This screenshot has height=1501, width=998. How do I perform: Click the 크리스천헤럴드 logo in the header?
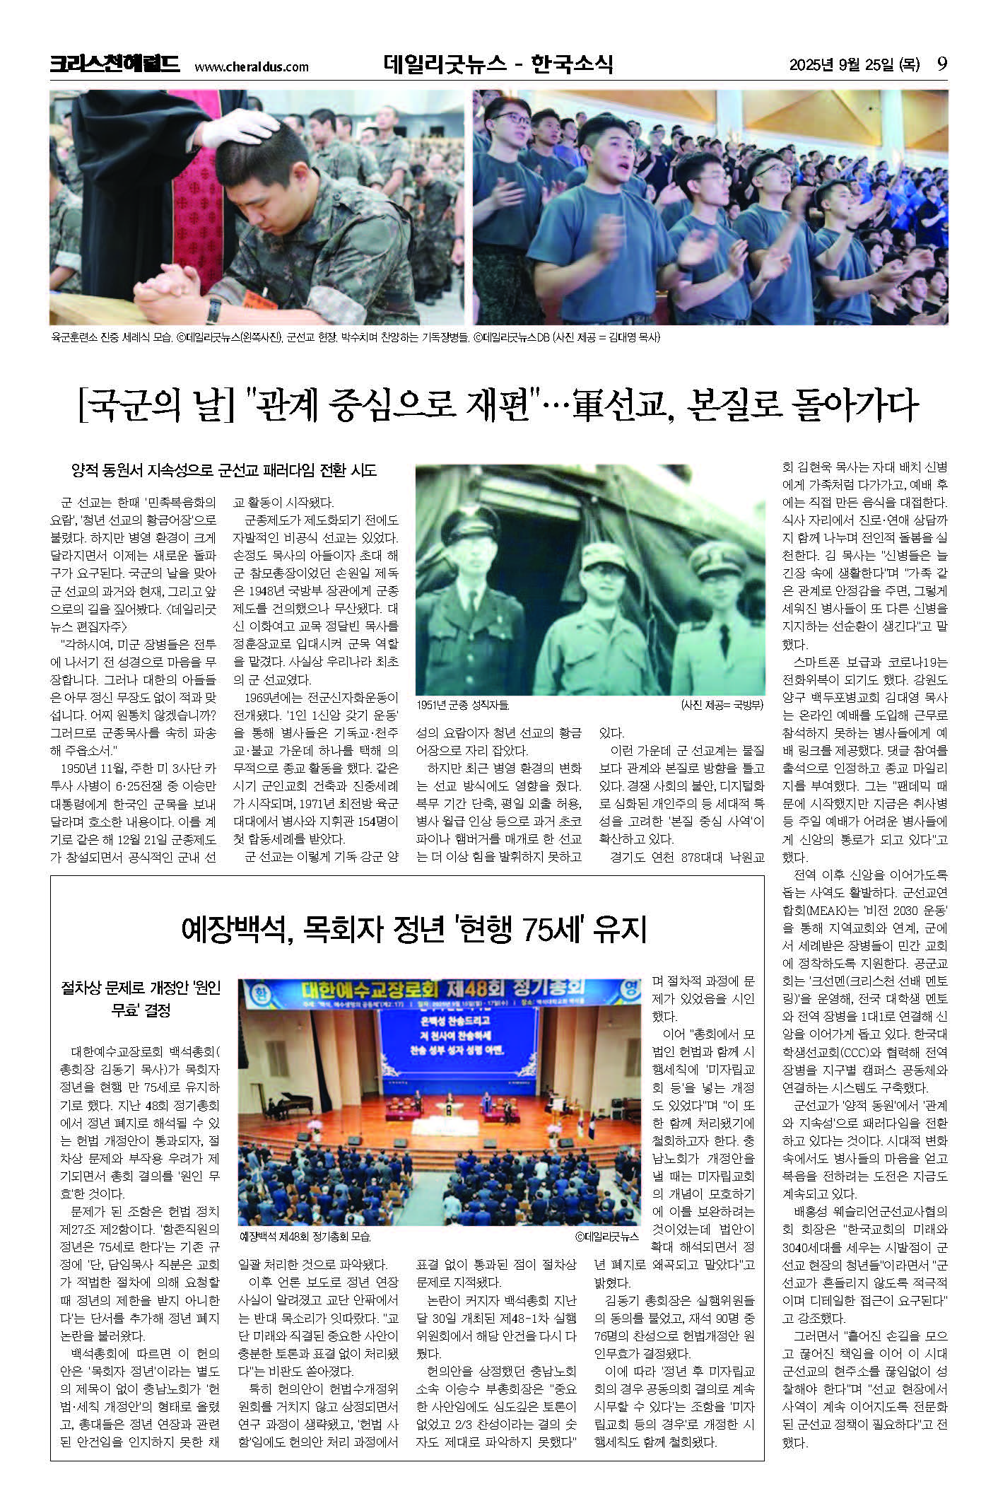114,65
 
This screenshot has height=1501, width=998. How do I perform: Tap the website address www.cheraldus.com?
251,67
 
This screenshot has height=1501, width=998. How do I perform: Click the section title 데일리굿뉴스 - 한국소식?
498,65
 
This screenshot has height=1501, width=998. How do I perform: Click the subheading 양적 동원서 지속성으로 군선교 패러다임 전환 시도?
224,470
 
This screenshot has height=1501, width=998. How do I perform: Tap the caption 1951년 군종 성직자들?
463,705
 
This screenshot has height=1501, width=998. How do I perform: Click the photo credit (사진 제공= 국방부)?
722,705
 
